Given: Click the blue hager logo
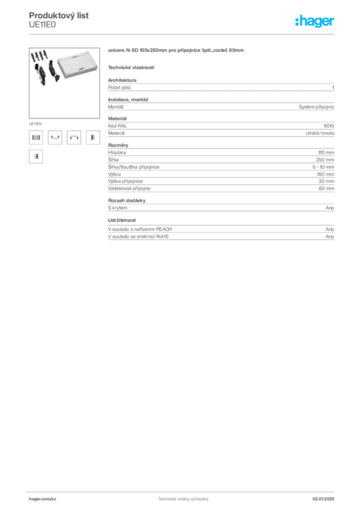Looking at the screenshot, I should click(x=315, y=22).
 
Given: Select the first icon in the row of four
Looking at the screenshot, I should click(x=35, y=138).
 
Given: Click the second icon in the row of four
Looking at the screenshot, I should click(x=55, y=138).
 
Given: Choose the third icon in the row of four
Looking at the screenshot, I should click(x=74, y=138).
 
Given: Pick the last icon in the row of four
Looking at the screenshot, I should click(x=92, y=138).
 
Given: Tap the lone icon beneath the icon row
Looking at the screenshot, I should click(x=35, y=157).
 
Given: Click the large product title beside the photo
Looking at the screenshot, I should click(x=176, y=51).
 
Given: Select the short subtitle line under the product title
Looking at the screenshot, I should click(x=131, y=67).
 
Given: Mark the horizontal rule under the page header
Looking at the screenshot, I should click(x=183, y=34).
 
